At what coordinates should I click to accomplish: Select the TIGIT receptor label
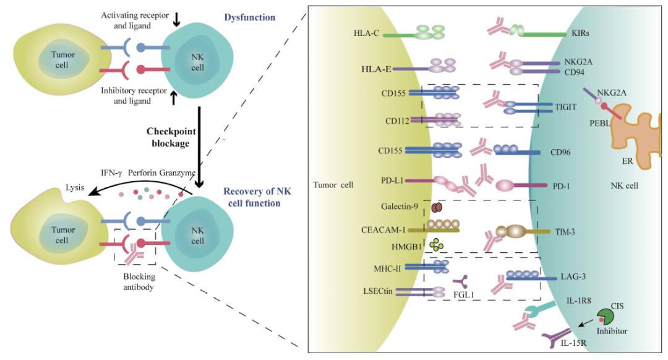(566, 107)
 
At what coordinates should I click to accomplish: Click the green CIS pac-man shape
(606, 317)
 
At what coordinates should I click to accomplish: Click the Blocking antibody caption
(138, 281)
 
